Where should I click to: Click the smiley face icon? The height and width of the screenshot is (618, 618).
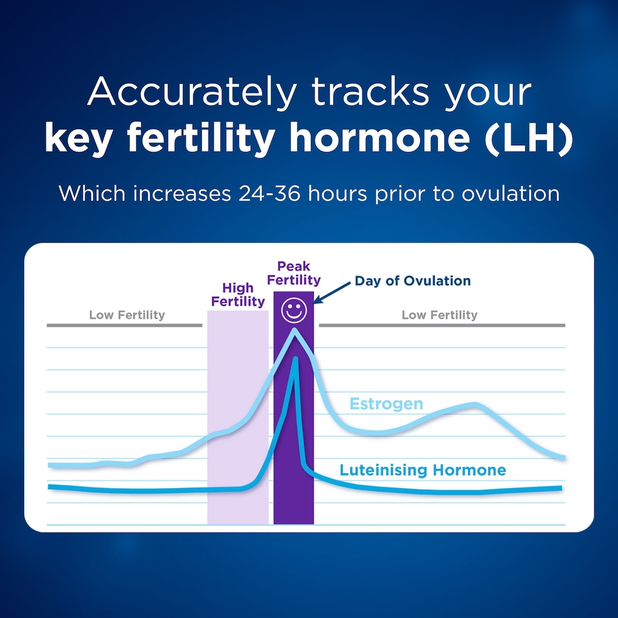294,311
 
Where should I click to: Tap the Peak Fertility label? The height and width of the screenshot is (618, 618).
294,273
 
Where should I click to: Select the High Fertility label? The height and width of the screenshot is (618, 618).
238,295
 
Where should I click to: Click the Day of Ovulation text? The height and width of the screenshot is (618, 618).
413,281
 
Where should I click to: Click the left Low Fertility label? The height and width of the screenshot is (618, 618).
127,315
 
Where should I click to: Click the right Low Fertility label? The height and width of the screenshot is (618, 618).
439,315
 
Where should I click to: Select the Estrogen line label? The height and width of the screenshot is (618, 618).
386,404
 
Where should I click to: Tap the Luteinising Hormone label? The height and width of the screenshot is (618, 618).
423,470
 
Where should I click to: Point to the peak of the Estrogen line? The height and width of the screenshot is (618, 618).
295,330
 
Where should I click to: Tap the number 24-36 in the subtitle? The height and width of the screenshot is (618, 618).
269,194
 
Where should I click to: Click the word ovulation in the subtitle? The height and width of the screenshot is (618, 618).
510,194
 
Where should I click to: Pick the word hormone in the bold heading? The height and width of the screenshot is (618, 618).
380,138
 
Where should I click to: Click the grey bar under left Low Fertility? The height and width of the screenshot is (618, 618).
124,325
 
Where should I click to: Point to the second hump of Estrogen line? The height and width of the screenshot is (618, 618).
474,405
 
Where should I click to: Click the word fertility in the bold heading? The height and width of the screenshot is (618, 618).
201,138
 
